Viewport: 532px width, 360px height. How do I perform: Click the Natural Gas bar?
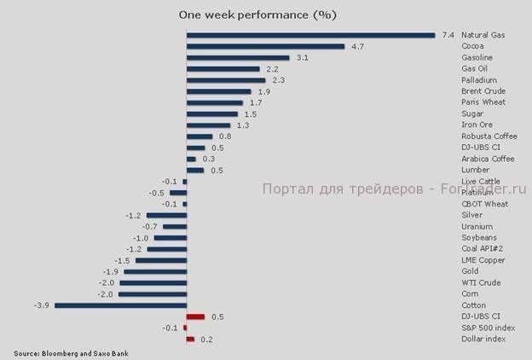[310, 35]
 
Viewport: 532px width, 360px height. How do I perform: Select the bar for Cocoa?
[265, 46]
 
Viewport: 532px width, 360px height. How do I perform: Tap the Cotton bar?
[120, 305]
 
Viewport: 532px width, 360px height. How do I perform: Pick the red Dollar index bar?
[190, 339]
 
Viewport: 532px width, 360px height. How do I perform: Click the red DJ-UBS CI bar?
[195, 316]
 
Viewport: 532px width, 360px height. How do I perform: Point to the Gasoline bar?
[238, 57]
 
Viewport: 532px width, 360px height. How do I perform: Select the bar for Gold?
[156, 271]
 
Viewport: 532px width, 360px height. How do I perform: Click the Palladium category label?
[478, 80]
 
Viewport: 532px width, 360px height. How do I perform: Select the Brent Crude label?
[483, 91]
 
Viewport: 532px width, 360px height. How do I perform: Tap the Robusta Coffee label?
[489, 136]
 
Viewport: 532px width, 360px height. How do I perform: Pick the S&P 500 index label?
[489, 328]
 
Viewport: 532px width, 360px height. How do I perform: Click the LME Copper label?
[483, 260]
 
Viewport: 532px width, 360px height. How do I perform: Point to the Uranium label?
[476, 226]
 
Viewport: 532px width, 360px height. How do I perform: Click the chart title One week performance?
[257, 15]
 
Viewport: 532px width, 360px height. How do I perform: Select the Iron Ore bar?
[208, 125]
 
